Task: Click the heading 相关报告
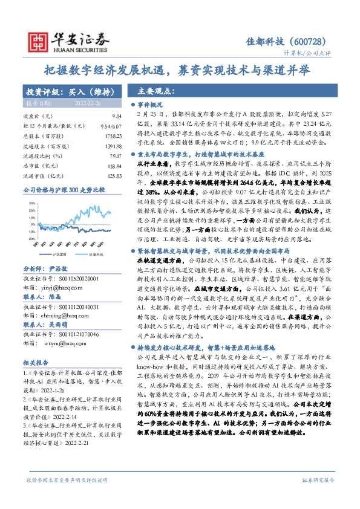pyautogui.click(x=37, y=362)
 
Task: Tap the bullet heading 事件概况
pyautogui.click(x=148, y=104)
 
